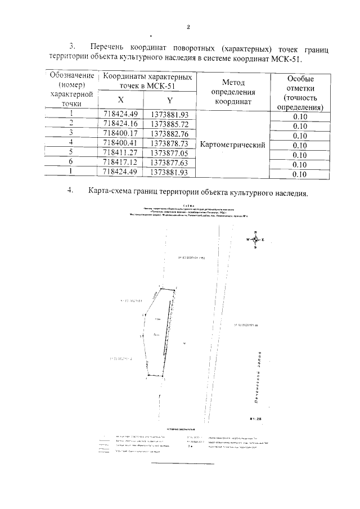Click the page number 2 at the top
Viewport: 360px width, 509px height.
(188, 26)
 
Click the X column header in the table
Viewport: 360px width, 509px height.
(120, 100)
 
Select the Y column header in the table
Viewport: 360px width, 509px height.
(169, 100)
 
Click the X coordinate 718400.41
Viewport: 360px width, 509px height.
(120, 143)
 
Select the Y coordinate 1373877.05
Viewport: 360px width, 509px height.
(169, 153)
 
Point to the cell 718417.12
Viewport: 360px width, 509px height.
(120, 163)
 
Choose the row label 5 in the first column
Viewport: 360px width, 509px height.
(71, 153)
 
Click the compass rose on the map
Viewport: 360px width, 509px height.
(255, 240)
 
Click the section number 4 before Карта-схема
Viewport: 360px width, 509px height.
(71, 191)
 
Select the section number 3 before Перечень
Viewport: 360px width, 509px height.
(71, 47)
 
